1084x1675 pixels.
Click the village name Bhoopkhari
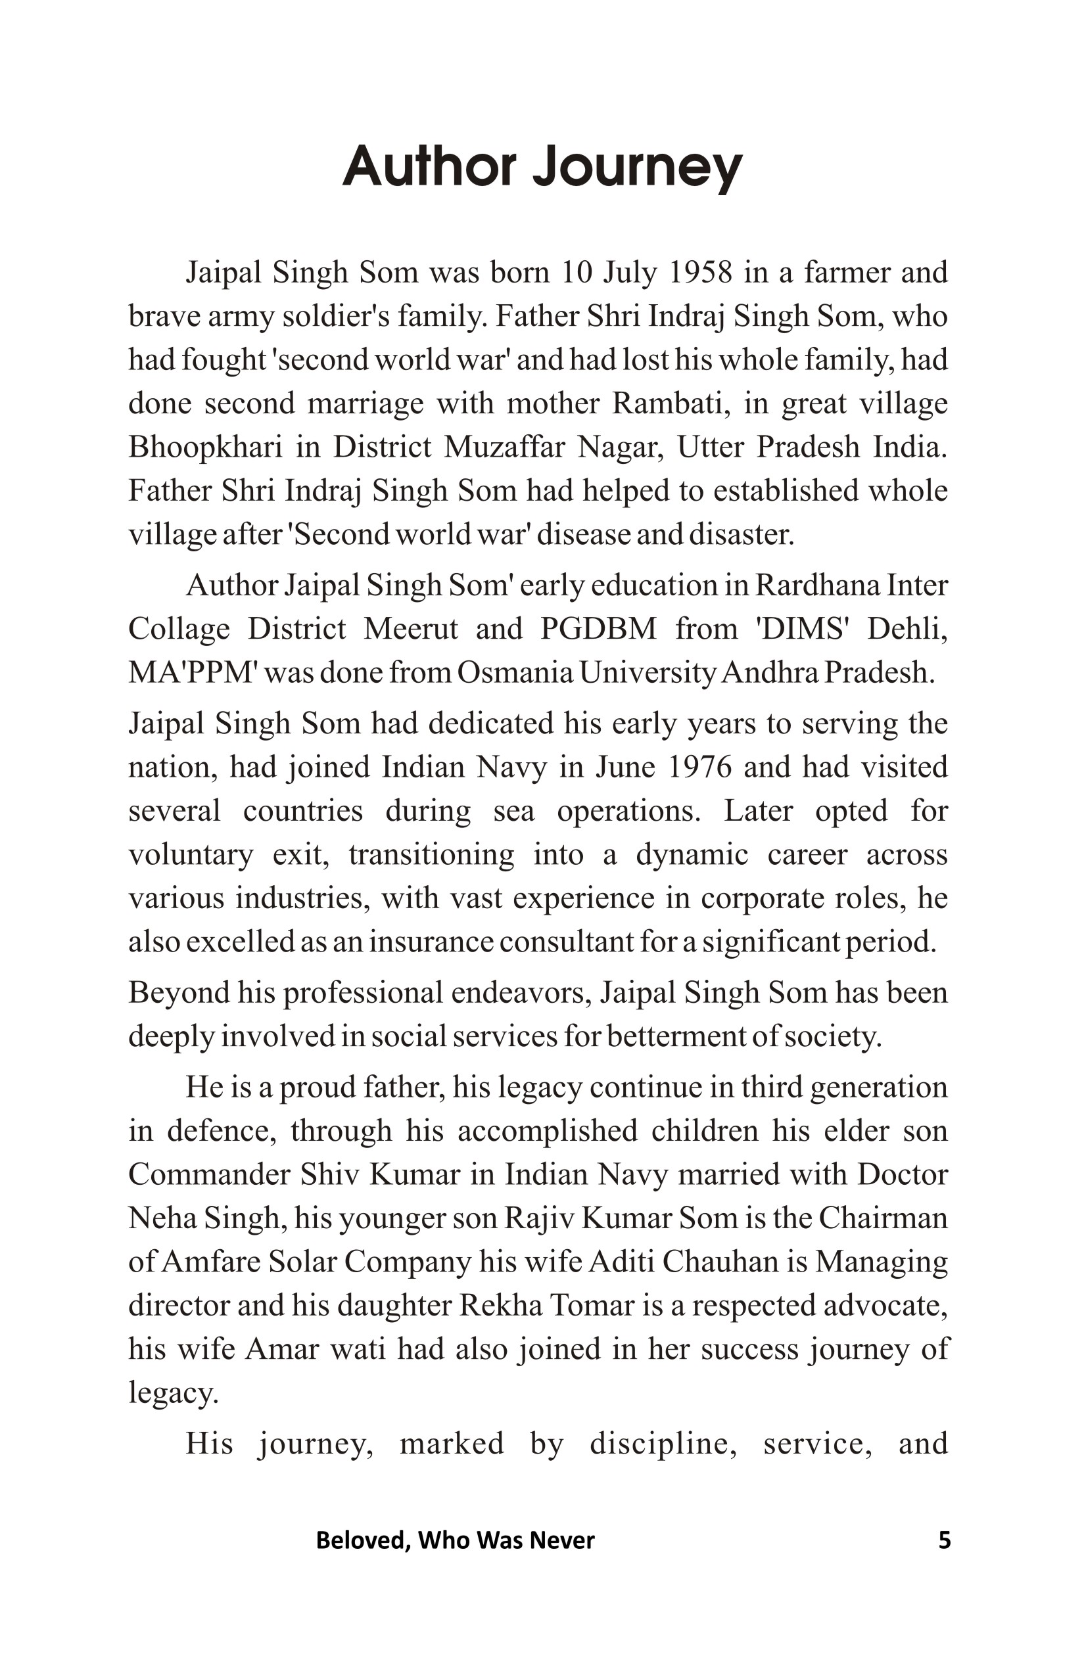pyautogui.click(x=205, y=447)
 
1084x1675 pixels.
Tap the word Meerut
pyautogui.click(x=410, y=629)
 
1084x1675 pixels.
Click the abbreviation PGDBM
pyautogui.click(x=598, y=629)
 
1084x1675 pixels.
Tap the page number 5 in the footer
pyautogui.click(x=945, y=1540)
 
